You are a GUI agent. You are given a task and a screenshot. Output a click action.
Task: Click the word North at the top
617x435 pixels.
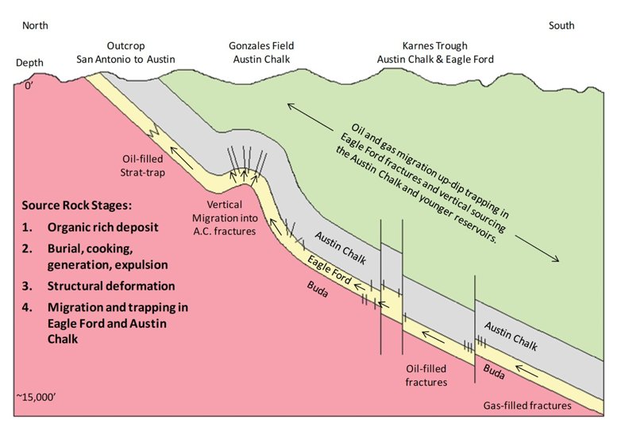tap(35, 26)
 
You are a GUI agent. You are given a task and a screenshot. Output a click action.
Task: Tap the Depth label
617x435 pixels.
tap(31, 63)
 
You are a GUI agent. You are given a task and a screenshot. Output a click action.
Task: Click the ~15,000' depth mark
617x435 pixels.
tap(34, 395)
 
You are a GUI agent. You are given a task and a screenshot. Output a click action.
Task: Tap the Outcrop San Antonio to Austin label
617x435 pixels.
tap(124, 52)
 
